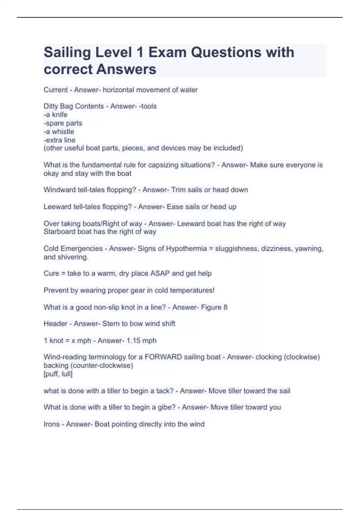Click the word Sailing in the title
67,52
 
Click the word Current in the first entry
56,90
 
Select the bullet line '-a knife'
55,115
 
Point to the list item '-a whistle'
59,131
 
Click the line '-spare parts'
63,123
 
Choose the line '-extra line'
59,140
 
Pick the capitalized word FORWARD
163,357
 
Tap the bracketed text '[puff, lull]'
58,374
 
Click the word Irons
52,424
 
